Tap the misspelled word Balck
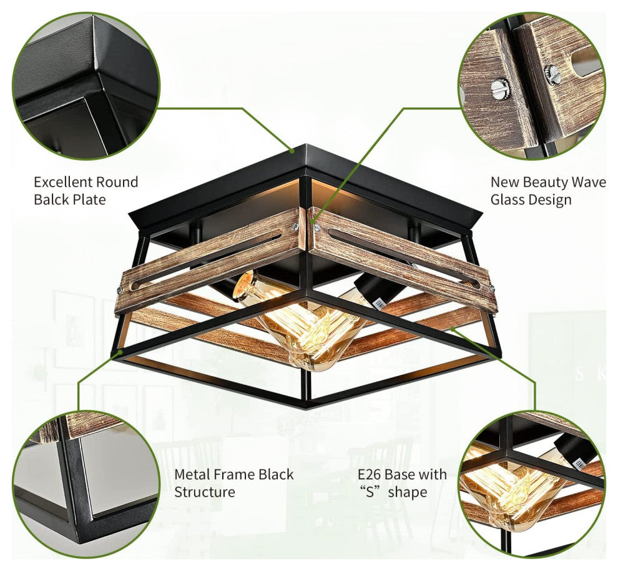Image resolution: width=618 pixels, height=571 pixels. pos(52,200)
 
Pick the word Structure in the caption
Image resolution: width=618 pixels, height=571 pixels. pos(205,492)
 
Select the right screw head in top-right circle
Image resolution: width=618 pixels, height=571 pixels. pos(552,74)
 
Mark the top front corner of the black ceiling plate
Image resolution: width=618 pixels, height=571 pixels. pos(305,147)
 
